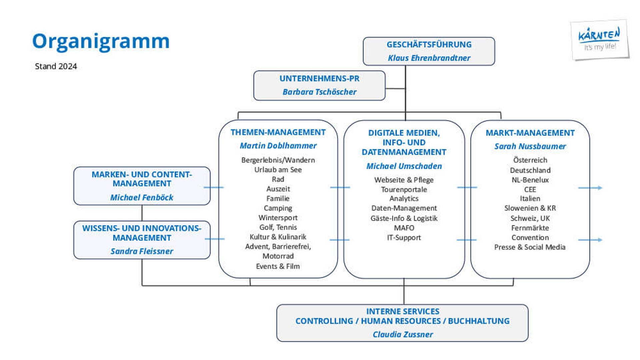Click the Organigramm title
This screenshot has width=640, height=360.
(101, 42)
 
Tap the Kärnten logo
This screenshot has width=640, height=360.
(600, 40)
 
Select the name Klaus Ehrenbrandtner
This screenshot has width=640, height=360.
(429, 58)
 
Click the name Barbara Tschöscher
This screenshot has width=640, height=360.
(319, 92)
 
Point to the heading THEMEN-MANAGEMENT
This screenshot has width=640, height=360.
(278, 132)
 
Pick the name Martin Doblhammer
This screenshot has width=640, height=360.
(278, 146)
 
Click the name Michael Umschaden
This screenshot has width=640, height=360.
(404, 166)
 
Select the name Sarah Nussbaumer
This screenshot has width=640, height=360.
(530, 146)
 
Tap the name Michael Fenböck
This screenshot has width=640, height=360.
(142, 197)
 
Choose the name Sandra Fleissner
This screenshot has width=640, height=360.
(142, 251)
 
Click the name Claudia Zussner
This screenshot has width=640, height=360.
(403, 334)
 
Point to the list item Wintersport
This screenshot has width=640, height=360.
(278, 218)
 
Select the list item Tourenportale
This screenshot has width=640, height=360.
(404, 190)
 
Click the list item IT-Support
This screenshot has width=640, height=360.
(404, 238)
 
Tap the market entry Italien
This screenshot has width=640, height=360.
(530, 199)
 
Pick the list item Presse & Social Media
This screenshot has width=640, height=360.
(530, 247)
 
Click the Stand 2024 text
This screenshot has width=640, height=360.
(56, 66)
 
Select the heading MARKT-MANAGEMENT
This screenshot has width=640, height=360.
(530, 133)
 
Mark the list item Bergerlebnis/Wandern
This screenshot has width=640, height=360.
(278, 160)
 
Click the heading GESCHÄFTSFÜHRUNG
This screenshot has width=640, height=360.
(429, 44)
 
